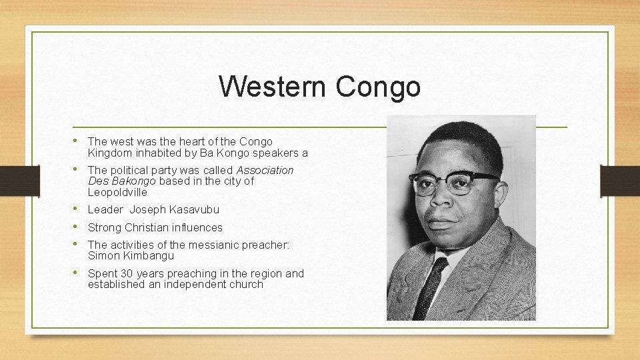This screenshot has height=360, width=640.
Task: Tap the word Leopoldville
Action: [x=117, y=192]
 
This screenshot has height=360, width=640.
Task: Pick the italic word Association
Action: [x=265, y=170]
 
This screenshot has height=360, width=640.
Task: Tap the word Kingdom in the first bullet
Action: [x=109, y=153]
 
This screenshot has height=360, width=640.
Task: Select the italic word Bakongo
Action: [x=133, y=181]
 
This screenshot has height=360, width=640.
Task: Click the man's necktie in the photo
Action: [x=429, y=287]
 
